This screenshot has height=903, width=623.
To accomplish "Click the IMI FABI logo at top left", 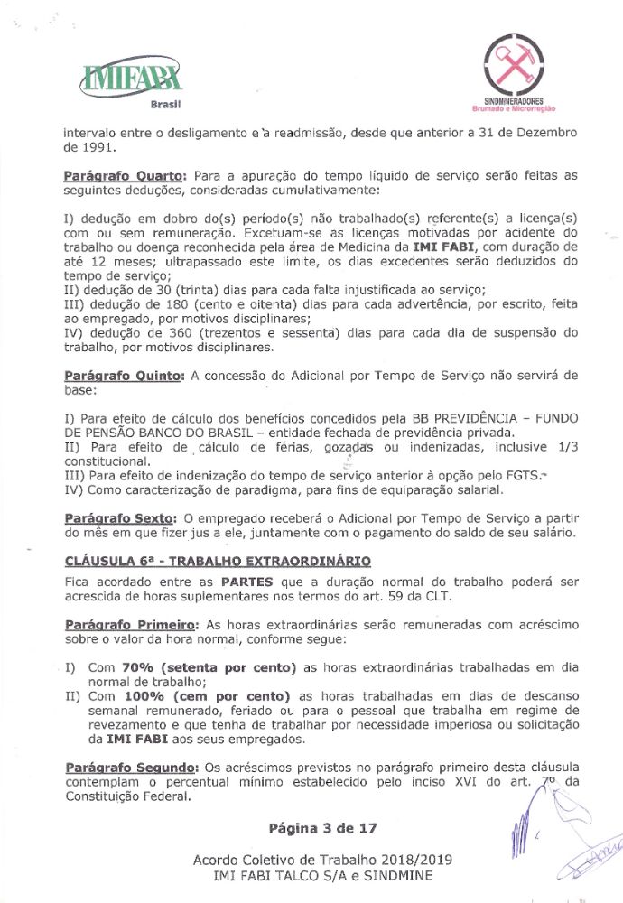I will coord(132,79).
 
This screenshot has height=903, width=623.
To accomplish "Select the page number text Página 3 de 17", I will coord(322,827).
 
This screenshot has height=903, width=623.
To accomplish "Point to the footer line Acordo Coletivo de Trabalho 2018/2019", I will coord(322,859).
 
